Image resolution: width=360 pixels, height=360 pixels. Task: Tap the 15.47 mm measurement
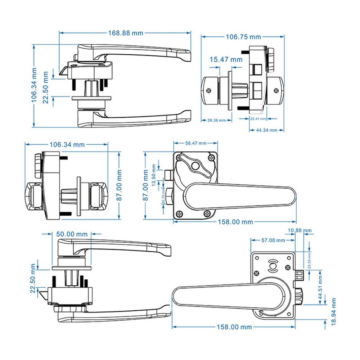226,59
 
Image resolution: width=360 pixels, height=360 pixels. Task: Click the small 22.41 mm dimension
258,118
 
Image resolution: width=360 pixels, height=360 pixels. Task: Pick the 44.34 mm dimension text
266,130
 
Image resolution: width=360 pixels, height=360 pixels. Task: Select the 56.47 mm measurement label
196,143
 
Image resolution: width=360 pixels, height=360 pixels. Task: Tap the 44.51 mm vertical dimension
320,285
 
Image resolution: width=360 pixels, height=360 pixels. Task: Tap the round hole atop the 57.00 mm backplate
273,266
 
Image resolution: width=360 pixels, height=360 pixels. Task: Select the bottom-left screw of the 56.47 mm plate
179,214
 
